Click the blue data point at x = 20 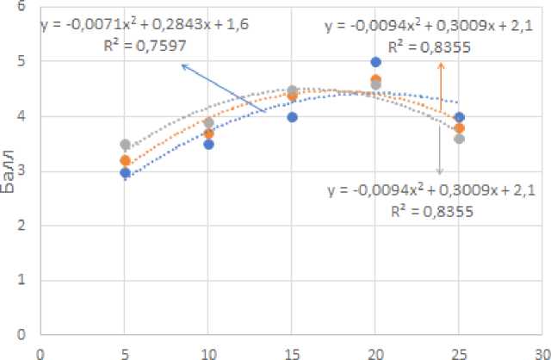click(x=375, y=62)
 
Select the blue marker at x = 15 click(x=292, y=117)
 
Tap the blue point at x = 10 click(x=208, y=144)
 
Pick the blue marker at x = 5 click(x=125, y=173)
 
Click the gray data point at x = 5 click(x=125, y=145)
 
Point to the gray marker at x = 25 click(x=459, y=139)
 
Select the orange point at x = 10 click(x=208, y=133)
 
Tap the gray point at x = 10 click(x=208, y=122)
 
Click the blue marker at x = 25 click(x=459, y=117)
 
